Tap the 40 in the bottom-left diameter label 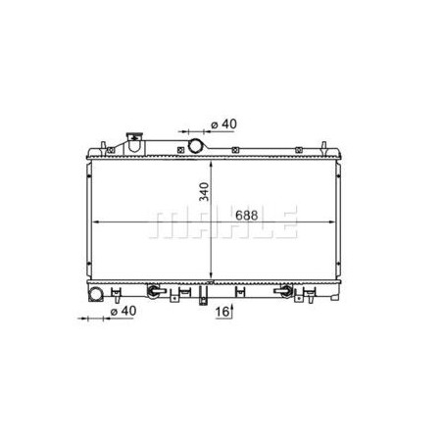tap(128, 312)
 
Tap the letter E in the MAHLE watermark tap(284, 223)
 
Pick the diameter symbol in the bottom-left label tap(113, 312)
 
